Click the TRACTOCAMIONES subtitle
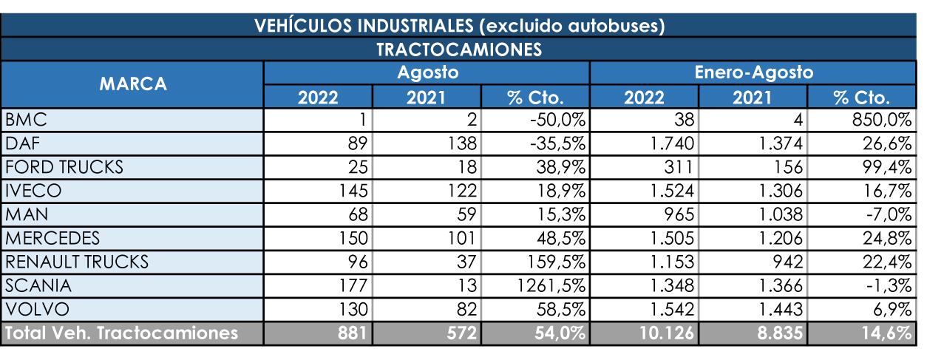click(459, 50)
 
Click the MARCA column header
click(133, 84)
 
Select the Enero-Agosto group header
click(753, 72)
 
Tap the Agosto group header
click(427, 72)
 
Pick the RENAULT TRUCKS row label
click(77, 261)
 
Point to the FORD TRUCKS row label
click(64, 166)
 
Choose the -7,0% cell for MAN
click(887, 214)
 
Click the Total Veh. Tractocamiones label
click(122, 333)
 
